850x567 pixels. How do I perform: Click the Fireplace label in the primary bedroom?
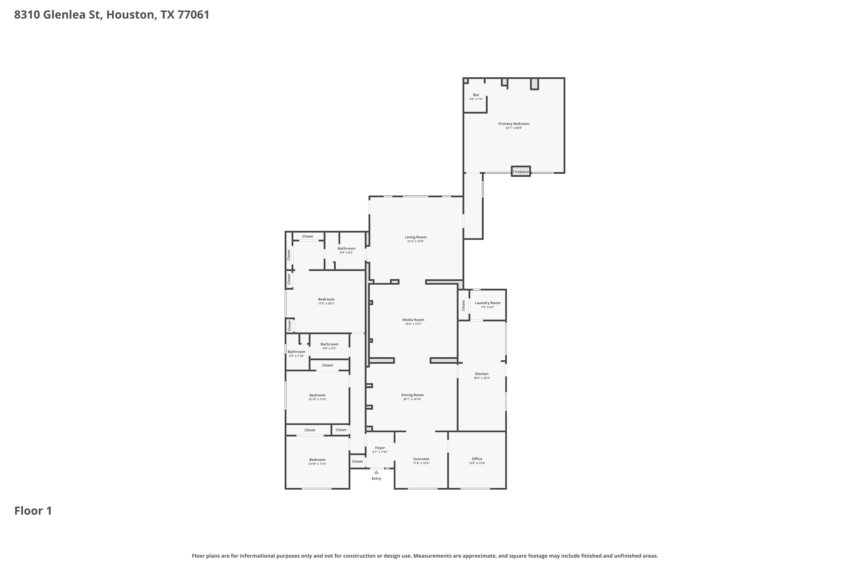pyautogui.click(x=521, y=172)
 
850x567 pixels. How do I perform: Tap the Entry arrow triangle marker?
pyautogui.click(x=376, y=472)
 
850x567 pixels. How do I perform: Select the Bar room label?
pyautogui.click(x=476, y=95)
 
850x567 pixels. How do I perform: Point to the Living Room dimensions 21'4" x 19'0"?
pyautogui.click(x=416, y=241)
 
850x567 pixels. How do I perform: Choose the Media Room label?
pyautogui.click(x=413, y=320)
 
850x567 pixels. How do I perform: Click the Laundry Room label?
pyautogui.click(x=488, y=303)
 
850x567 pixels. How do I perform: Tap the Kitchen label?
pyautogui.click(x=482, y=374)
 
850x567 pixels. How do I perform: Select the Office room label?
pyautogui.click(x=477, y=459)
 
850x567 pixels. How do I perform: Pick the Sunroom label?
pyautogui.click(x=421, y=459)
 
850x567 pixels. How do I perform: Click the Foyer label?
pyautogui.click(x=380, y=448)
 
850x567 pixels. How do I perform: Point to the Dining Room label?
pyautogui.click(x=412, y=395)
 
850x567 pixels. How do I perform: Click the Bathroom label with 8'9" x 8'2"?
pyautogui.click(x=347, y=248)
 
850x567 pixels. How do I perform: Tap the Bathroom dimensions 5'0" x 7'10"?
pyautogui.click(x=296, y=356)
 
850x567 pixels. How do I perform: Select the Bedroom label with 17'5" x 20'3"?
pyautogui.click(x=326, y=299)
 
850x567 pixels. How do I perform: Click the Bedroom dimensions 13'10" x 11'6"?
pyautogui.click(x=317, y=399)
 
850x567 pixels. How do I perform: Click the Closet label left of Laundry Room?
pyautogui.click(x=463, y=305)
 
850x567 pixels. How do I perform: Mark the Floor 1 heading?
pyautogui.click(x=33, y=511)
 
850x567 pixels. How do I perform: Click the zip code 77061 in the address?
pyautogui.click(x=193, y=14)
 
